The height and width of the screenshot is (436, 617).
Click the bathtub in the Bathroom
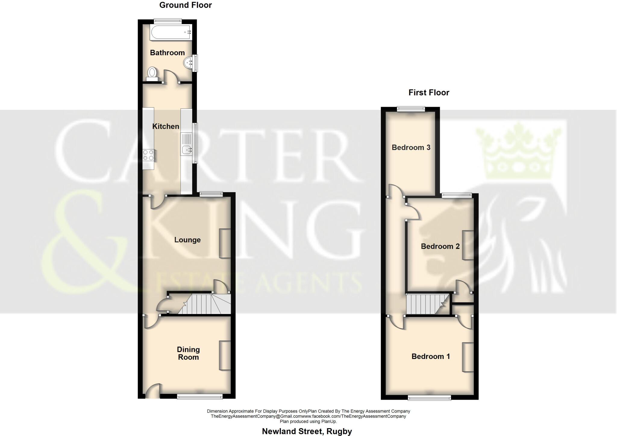click(171, 33)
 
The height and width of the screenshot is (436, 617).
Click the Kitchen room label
click(166, 126)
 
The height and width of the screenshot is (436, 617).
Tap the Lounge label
click(187, 240)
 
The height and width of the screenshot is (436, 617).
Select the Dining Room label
click(188, 353)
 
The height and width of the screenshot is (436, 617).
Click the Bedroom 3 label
click(411, 147)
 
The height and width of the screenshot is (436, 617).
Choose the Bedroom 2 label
click(440, 247)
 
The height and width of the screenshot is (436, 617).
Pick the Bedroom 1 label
click(431, 357)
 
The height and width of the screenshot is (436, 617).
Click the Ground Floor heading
click(186, 5)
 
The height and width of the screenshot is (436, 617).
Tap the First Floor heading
click(429, 93)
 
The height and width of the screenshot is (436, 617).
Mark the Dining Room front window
click(200, 397)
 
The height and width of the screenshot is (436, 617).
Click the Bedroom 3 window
click(411, 109)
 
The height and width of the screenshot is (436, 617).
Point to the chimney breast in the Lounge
click(225, 243)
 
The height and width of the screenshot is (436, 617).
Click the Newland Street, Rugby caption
click(307, 431)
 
